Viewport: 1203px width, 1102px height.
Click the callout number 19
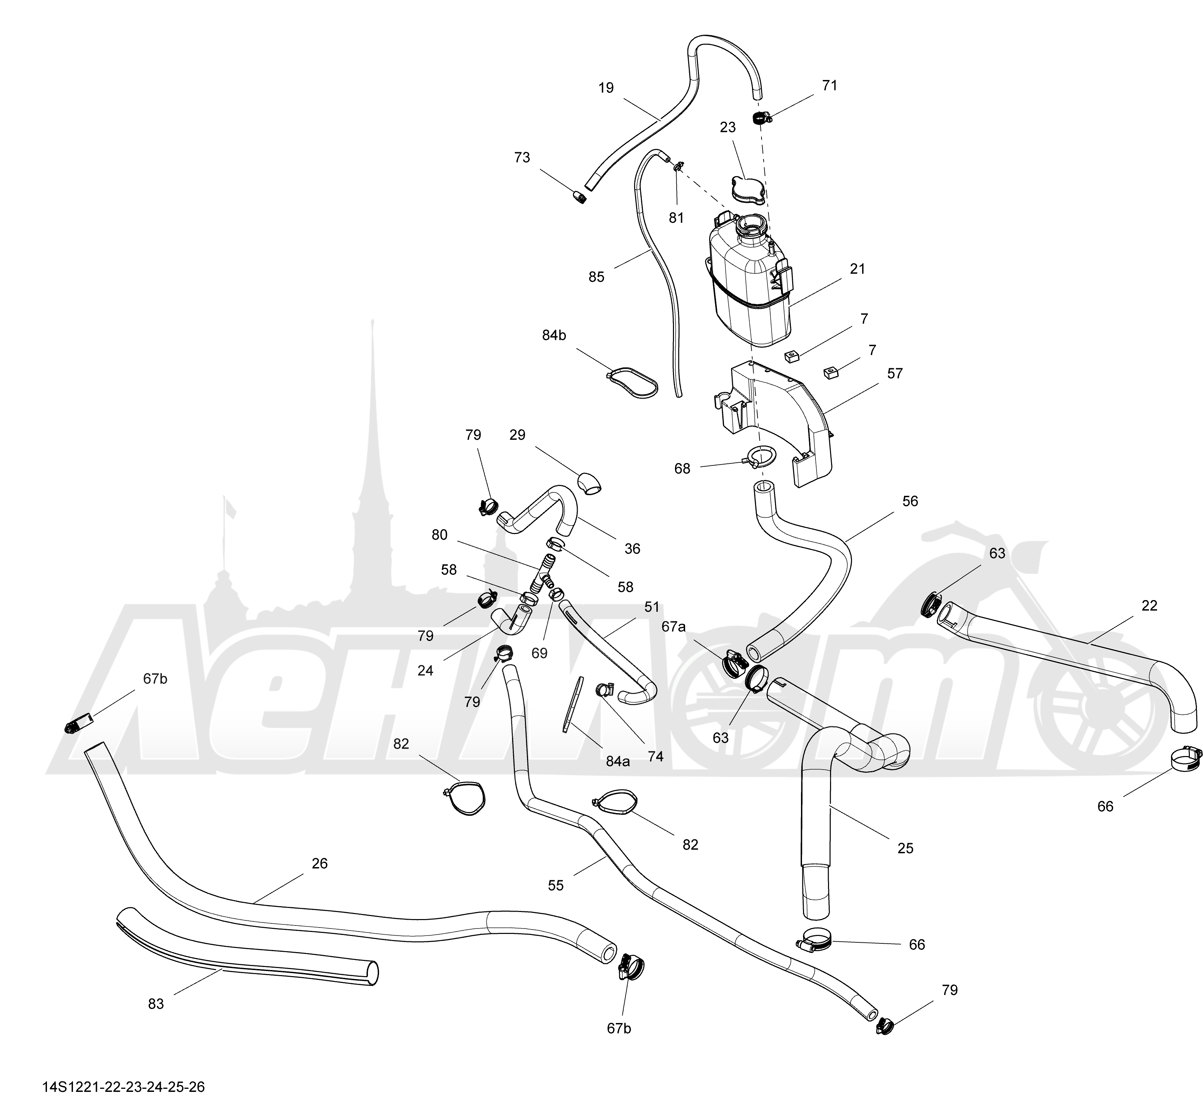pyautogui.click(x=606, y=88)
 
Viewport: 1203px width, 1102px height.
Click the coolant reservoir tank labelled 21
pyautogui.click(x=751, y=280)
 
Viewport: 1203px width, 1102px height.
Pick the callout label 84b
pyautogui.click(x=554, y=336)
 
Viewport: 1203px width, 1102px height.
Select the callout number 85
pyautogui.click(x=596, y=277)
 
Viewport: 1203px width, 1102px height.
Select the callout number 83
pyautogui.click(x=156, y=1004)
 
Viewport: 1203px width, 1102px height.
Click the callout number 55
pyautogui.click(x=555, y=886)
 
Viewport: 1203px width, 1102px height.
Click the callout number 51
pyautogui.click(x=652, y=607)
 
